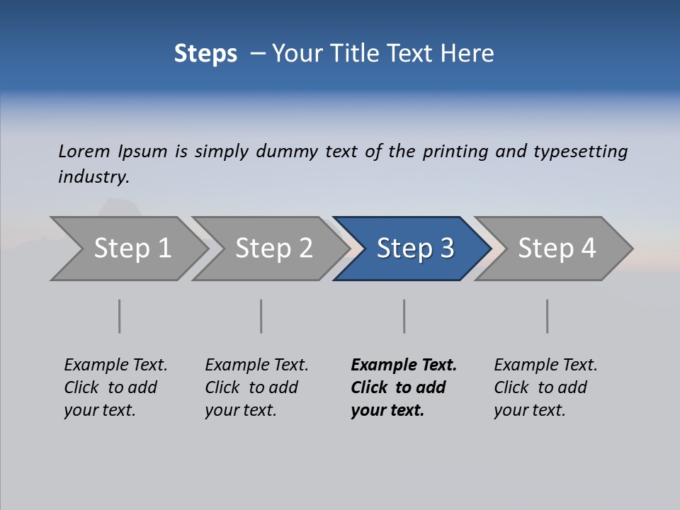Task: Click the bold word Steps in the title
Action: [x=205, y=54]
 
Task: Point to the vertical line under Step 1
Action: [x=119, y=316]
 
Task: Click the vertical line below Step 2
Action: [x=261, y=316]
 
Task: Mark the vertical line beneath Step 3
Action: [x=404, y=316]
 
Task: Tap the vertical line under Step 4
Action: [x=547, y=316]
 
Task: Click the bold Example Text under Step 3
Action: [x=404, y=365]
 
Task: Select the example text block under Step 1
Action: [x=115, y=387]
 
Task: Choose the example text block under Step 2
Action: [x=256, y=387]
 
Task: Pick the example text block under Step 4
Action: [x=545, y=387]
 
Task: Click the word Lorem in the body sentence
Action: [x=84, y=152]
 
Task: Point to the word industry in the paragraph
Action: [x=93, y=177]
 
